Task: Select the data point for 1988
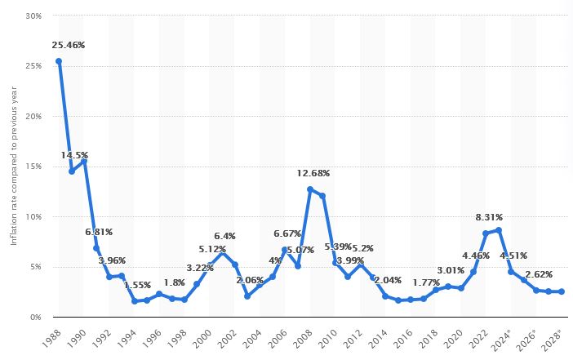59,61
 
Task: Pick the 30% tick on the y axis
33,16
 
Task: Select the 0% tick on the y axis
35,317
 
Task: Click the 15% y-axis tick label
33,167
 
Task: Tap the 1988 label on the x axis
51,336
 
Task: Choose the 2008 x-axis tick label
303,336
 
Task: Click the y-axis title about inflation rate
14,167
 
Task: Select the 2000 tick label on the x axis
202,336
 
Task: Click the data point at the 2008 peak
310,189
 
